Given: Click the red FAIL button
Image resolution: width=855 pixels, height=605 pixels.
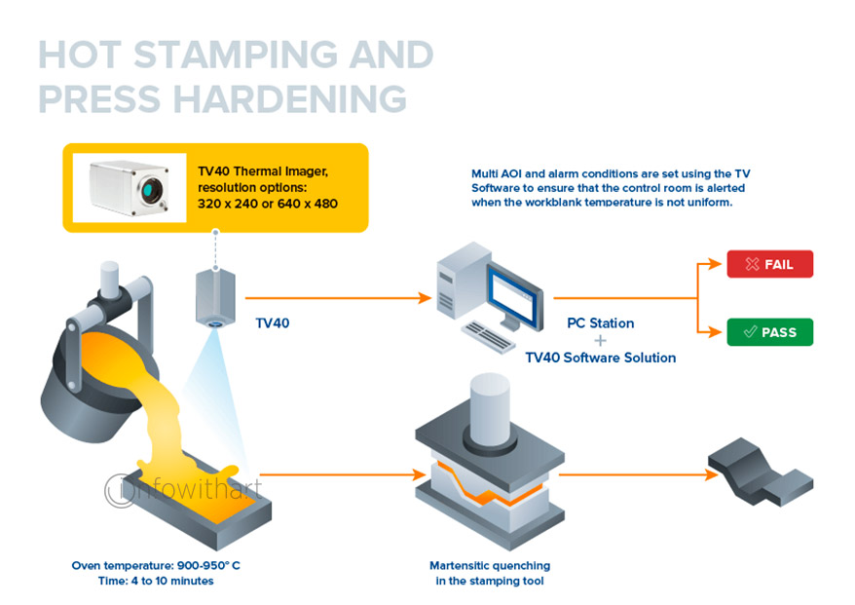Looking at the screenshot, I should [769, 264].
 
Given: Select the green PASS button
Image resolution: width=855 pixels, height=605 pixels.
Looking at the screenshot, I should [769, 332].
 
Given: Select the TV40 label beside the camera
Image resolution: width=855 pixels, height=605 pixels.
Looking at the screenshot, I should [272, 322].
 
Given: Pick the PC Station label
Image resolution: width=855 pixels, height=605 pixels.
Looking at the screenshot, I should [600, 322].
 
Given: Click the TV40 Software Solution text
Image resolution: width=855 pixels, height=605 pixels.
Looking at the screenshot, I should [600, 358].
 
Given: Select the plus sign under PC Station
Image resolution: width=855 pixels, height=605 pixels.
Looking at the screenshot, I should [600, 340].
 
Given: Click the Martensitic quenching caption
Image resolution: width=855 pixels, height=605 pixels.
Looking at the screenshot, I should [490, 573].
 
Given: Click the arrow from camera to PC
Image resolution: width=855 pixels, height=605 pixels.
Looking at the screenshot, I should [336, 297].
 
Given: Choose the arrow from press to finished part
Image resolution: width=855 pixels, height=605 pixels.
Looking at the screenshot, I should [633, 475].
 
